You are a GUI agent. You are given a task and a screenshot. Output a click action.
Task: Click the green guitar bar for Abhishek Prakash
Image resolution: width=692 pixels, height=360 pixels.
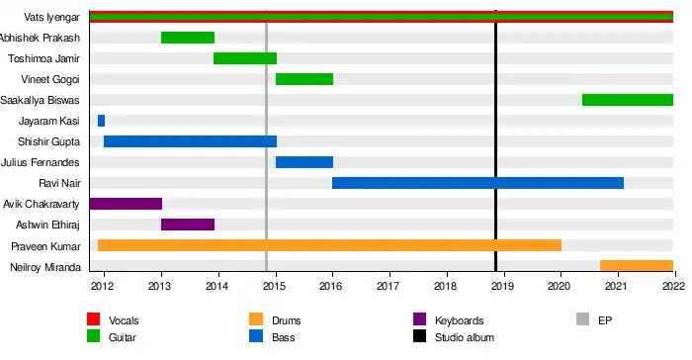pyautogui.click(x=188, y=38)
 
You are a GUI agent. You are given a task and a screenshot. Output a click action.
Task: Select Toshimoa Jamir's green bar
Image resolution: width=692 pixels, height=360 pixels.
pyautogui.click(x=245, y=58)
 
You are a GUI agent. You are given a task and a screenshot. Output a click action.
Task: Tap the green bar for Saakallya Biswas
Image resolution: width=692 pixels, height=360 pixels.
pyautogui.click(x=628, y=100)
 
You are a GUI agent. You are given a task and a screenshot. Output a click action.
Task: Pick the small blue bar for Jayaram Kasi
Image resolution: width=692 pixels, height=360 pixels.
pyautogui.click(x=101, y=121)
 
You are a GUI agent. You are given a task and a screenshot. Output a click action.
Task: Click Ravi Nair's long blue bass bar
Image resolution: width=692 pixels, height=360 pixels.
pyautogui.click(x=477, y=183)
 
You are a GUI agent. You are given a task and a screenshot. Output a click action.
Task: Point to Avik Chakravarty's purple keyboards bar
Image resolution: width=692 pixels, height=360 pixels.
pyautogui.click(x=126, y=204)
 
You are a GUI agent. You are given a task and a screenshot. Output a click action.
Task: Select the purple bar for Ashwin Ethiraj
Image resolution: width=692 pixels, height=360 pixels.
pyautogui.click(x=188, y=225)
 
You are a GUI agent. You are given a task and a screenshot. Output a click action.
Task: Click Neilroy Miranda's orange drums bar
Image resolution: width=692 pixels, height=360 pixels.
pyautogui.click(x=637, y=265)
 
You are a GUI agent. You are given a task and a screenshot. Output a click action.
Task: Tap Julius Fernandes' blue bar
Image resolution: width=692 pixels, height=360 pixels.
pyautogui.click(x=304, y=162)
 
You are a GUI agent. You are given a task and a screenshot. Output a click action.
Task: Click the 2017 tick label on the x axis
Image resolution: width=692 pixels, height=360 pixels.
pyautogui.click(x=388, y=286)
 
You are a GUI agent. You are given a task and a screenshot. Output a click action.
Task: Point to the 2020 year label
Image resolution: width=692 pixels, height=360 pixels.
pyautogui.click(x=559, y=286)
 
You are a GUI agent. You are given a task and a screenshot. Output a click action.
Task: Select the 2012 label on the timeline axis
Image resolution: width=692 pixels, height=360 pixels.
pyautogui.click(x=102, y=286)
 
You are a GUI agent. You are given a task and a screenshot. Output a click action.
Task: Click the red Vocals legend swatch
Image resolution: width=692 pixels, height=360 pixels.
pyautogui.click(x=94, y=318)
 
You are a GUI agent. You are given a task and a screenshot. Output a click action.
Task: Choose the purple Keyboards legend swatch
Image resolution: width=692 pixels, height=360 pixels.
pyautogui.click(x=420, y=318)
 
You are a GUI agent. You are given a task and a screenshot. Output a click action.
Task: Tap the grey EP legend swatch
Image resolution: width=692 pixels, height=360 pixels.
pyautogui.click(x=583, y=318)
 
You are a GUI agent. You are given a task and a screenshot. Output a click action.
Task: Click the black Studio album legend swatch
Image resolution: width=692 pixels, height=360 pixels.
pyautogui.click(x=420, y=336)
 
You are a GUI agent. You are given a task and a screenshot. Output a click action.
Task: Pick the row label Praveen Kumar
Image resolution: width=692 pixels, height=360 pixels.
pyautogui.click(x=45, y=246)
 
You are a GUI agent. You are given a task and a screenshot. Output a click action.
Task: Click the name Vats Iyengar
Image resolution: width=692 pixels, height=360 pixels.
pyautogui.click(x=51, y=17)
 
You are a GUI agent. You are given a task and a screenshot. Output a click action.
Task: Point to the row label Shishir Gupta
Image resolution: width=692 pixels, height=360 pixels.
pyautogui.click(x=49, y=141)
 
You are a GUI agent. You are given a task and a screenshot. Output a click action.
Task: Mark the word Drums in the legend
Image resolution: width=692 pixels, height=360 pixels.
pyautogui.click(x=287, y=320)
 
